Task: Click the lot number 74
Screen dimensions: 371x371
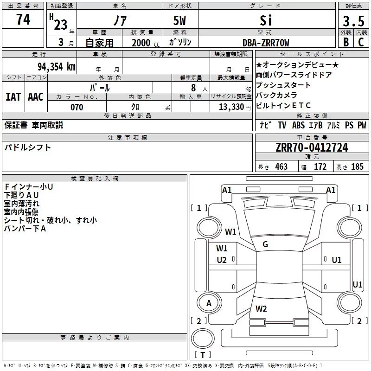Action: click(23, 20)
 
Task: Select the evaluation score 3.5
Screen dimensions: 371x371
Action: click(352, 22)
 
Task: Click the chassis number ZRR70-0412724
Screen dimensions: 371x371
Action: click(312, 148)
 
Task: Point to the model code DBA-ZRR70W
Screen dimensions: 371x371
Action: click(266, 43)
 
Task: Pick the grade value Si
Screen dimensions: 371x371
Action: click(266, 21)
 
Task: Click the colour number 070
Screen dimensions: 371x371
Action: click(77, 107)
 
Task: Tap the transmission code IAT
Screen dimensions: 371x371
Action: click(13, 97)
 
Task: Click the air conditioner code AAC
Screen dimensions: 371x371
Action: click(36, 97)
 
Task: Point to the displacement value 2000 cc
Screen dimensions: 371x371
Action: click(144, 43)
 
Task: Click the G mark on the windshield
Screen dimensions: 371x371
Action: click(265, 244)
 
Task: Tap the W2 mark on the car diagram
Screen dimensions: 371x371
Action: click(261, 309)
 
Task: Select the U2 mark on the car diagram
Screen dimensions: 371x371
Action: click(222, 260)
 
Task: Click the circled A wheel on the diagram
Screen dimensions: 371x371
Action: click(209, 303)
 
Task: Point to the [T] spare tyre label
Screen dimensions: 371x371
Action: click(202, 355)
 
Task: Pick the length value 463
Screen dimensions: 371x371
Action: click(281, 166)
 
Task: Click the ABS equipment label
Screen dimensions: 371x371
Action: click(298, 125)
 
